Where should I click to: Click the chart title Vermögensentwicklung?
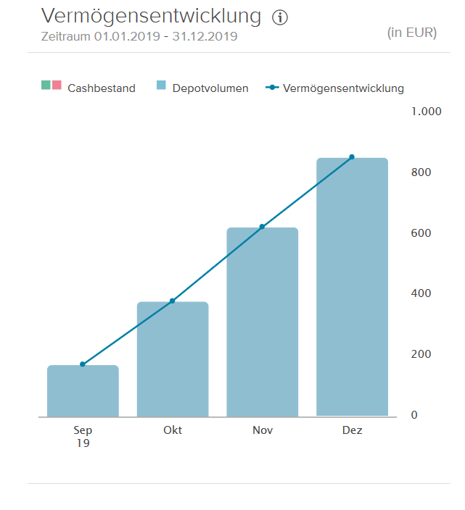[151, 16]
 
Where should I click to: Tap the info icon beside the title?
[280, 18]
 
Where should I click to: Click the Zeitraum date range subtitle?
[139, 36]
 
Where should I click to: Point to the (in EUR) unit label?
[413, 33]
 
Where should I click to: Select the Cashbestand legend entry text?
[102, 88]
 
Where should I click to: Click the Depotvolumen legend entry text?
[210, 88]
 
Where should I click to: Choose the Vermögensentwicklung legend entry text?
[343, 88]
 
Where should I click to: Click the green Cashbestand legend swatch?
[46, 85]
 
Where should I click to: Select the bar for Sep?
[83, 391]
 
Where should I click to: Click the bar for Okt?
[173, 359]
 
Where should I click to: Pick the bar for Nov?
[263, 322]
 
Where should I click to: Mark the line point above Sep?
[83, 364]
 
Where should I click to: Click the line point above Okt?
[173, 301]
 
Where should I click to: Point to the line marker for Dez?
[352, 157]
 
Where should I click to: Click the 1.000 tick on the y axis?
[426, 112]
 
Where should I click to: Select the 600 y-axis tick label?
[421, 233]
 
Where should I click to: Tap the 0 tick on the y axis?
[414, 415]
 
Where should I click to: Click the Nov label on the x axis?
[263, 430]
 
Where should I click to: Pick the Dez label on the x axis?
[352, 430]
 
